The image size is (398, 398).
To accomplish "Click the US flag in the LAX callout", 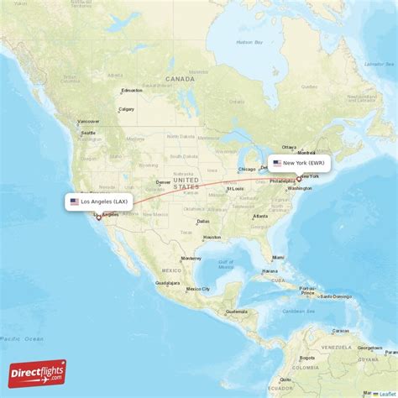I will (75, 202).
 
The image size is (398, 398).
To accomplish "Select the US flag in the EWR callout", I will (277, 163).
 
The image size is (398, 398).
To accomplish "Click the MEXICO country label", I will (171, 270).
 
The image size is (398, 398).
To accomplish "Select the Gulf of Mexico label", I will (227, 264).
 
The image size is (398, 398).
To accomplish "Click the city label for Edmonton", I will (132, 91).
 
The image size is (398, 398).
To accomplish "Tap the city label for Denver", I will (163, 181).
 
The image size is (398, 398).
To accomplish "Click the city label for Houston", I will (212, 237).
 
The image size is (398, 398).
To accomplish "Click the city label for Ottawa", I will (290, 146).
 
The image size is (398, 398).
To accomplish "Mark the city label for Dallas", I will (202, 222).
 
